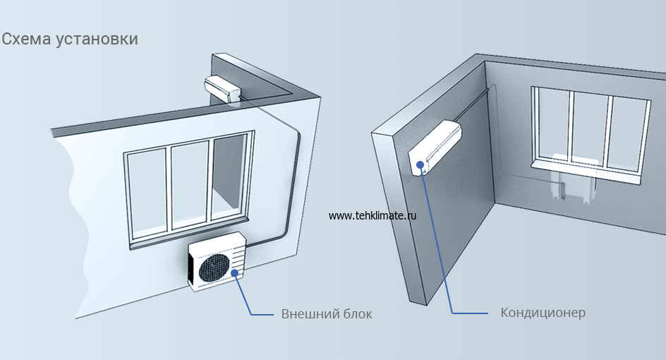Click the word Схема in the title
point(24,39)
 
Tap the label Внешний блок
point(326,314)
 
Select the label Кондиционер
point(543,313)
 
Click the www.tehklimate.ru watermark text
point(372,216)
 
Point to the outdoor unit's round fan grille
point(214,266)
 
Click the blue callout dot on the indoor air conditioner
point(421,165)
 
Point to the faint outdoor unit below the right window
point(575,181)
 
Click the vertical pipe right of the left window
point(297,184)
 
